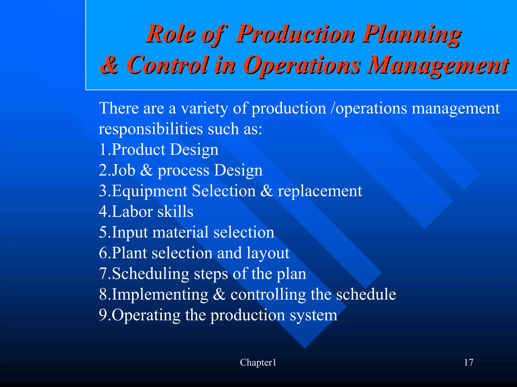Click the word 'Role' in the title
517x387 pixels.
coord(171,35)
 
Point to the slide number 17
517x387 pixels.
coord(469,363)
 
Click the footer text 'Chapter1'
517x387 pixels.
coord(258,363)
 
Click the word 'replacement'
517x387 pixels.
coord(320,191)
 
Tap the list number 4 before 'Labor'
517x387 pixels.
coord(103,211)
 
